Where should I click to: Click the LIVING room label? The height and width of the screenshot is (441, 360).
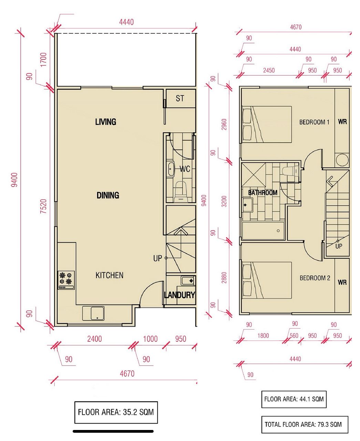tap(105, 122)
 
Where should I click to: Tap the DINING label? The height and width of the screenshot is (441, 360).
tap(108, 195)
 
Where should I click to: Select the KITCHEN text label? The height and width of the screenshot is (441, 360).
tap(109, 275)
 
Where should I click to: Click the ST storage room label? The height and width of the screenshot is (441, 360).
tap(180, 98)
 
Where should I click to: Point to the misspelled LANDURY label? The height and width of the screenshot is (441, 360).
tap(179, 295)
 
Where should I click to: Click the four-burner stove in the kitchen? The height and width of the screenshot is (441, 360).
tap(66, 280)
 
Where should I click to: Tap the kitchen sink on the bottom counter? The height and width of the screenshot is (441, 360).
tap(93, 313)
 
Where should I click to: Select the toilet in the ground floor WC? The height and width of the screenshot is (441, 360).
tap(181, 192)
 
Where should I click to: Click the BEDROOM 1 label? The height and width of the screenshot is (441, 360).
tap(314, 122)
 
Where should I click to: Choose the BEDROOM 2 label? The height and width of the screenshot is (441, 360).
tap(315, 278)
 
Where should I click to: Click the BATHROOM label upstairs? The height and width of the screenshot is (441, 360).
tap(263, 193)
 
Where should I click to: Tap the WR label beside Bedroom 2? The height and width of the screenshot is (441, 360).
tap(342, 282)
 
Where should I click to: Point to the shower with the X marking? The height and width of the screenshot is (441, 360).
tap(254, 175)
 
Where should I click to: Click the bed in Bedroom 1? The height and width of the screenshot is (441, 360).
tap(267, 124)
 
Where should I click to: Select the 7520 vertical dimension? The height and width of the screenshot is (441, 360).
tap(43, 206)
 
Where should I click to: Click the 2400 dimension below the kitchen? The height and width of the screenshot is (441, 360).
tap(94, 339)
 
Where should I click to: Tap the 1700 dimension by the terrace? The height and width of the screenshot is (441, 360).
tap(43, 60)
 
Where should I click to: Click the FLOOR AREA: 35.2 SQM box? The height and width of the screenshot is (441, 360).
tap(116, 412)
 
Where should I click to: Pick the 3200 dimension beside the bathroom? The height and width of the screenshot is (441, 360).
tap(224, 201)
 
